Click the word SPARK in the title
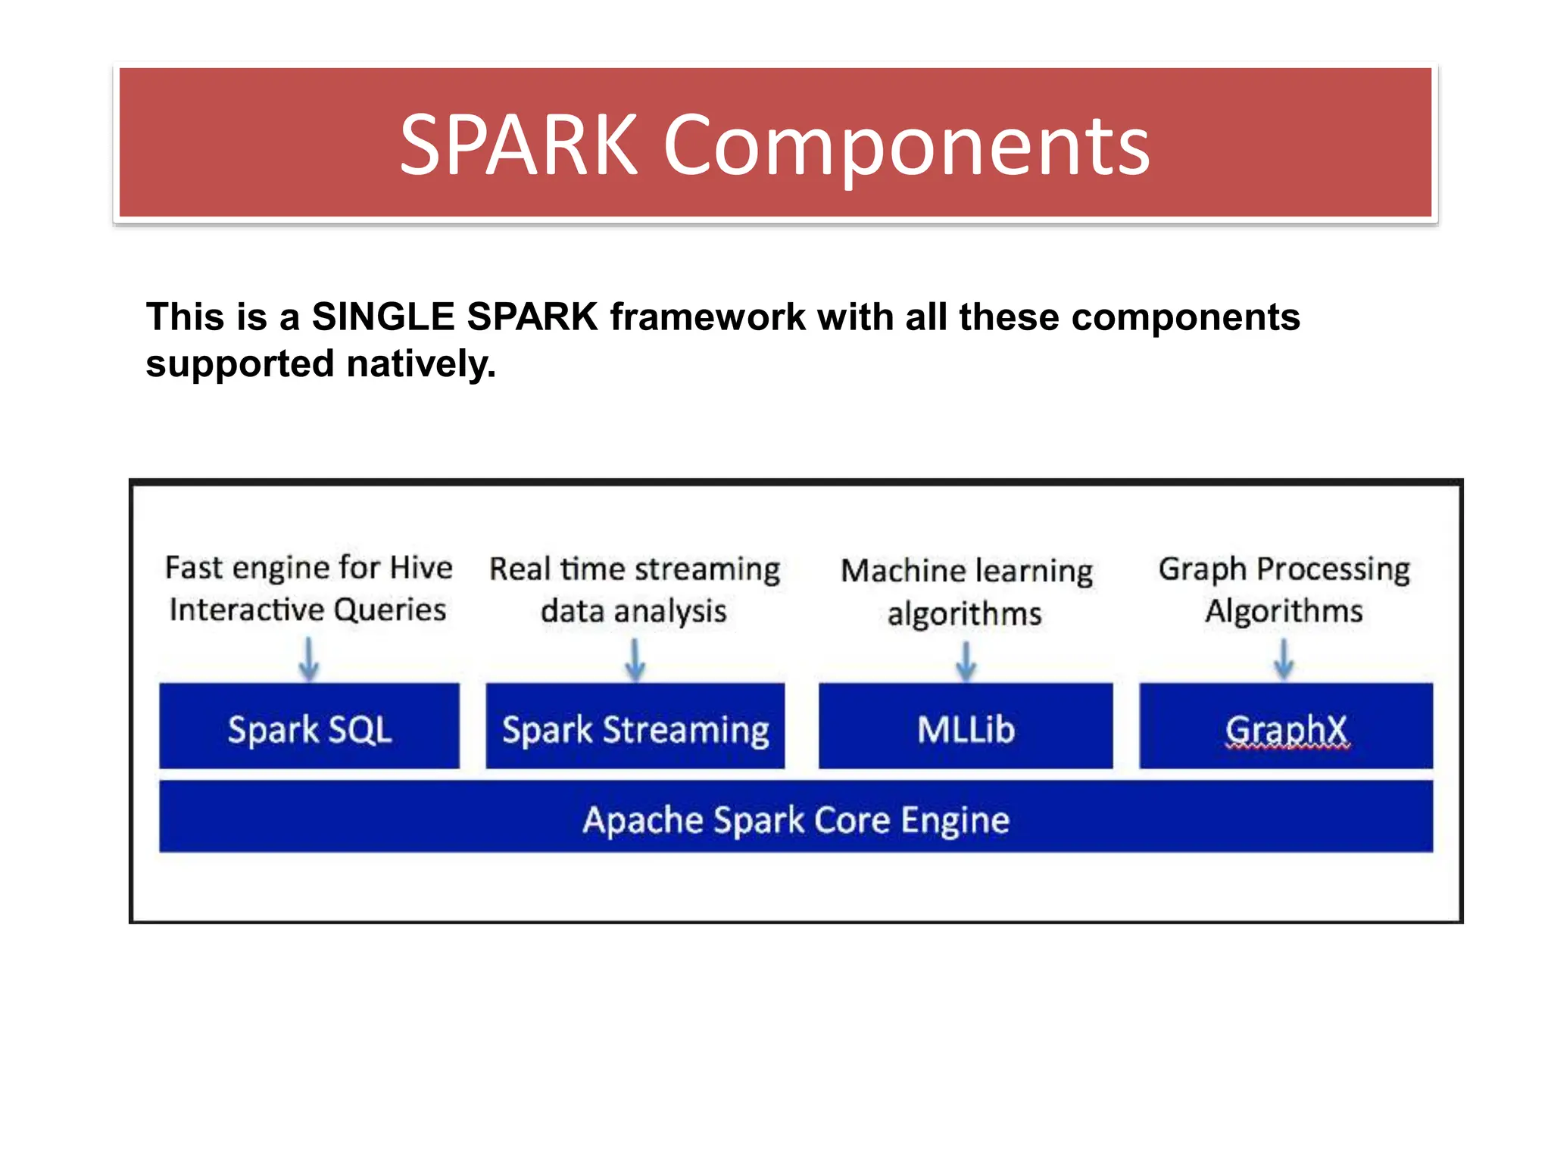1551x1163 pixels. click(518, 145)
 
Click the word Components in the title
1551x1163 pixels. click(907, 145)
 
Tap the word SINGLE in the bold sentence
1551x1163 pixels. click(382, 316)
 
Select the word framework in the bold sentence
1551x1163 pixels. click(707, 316)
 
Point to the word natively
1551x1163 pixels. click(421, 364)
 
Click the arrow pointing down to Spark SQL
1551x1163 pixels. click(308, 659)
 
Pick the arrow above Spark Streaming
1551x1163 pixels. click(635, 659)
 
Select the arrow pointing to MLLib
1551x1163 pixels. click(966, 661)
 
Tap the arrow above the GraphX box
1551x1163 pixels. click(1283, 659)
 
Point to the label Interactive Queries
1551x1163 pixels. click(307, 610)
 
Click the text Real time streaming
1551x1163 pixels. click(635, 569)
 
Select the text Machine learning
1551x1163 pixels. click(966, 571)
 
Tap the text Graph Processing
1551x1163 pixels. click(1284, 569)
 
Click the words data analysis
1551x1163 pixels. click(633, 611)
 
